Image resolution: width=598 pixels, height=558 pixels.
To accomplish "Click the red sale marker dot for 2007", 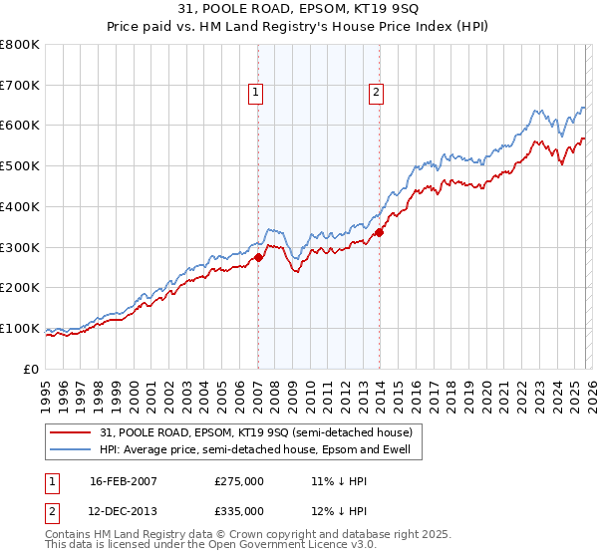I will click(x=258, y=257).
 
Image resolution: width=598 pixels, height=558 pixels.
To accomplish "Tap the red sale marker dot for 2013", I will click(x=379, y=233).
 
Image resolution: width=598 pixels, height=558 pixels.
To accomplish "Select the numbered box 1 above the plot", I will click(x=256, y=94).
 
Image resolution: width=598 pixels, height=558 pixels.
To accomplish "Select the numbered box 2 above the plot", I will click(x=376, y=94).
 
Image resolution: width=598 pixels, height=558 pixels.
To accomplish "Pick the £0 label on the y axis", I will click(x=30, y=369).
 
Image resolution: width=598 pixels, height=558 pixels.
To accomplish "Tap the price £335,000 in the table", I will click(x=239, y=511).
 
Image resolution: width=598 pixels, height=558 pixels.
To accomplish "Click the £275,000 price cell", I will click(x=239, y=481).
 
